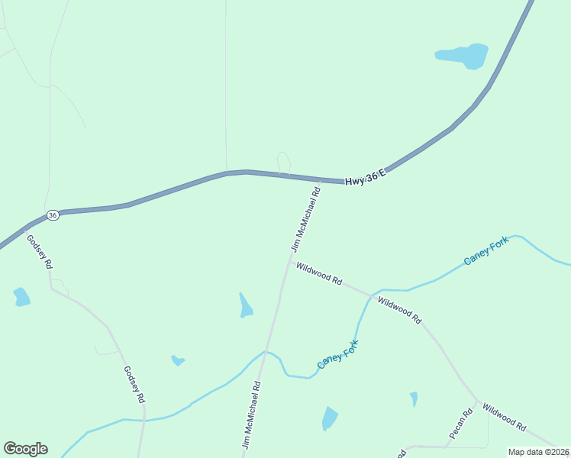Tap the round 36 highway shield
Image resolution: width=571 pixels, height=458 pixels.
[53, 215]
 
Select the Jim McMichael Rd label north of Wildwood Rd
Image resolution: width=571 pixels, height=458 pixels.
[305, 217]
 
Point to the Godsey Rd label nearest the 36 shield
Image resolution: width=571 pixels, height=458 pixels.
[40, 251]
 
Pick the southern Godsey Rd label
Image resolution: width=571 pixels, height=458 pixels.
[134, 384]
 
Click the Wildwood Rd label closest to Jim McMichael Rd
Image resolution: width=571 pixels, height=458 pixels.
[319, 273]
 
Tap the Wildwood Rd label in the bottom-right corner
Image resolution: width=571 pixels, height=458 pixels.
[505, 415]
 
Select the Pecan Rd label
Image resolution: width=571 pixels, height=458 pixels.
[461, 423]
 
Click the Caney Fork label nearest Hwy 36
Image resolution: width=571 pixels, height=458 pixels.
[486, 251]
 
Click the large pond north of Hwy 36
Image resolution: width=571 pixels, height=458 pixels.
[463, 55]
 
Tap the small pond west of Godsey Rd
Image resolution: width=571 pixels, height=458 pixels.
[21, 297]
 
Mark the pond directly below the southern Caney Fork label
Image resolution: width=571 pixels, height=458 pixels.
[330, 418]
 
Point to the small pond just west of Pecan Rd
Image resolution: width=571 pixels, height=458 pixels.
[414, 398]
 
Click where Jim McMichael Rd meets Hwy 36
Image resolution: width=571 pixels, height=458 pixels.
[318, 180]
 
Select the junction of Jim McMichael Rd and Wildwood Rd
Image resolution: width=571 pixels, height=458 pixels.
[289, 262]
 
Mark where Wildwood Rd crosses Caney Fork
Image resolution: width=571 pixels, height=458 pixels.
[372, 295]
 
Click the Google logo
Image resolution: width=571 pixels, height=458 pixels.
[25, 449]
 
